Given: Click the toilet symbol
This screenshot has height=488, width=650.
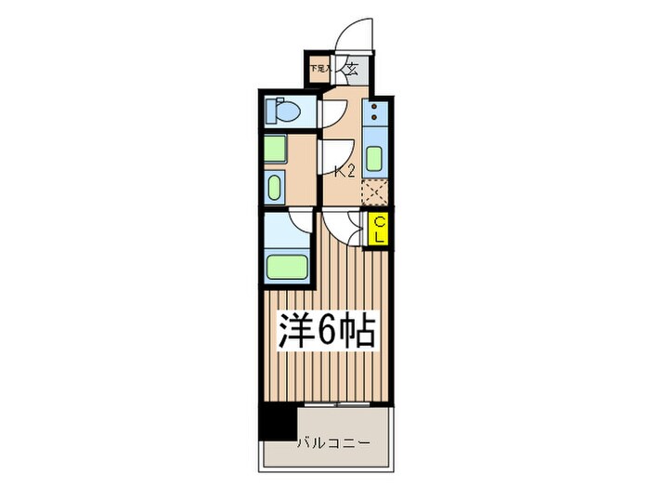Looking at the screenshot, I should (x=283, y=112).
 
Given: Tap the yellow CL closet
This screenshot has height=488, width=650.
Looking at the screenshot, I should (x=379, y=230).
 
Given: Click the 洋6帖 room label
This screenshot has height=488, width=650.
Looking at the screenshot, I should (x=327, y=331).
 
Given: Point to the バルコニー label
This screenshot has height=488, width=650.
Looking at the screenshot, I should (x=332, y=442).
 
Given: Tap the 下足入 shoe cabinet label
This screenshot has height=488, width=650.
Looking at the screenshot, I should (x=320, y=68).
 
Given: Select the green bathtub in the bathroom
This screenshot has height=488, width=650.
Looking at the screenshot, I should (x=289, y=265).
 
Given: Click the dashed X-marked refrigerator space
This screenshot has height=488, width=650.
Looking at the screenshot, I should (x=373, y=191).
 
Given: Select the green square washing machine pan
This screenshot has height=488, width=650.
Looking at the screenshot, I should (x=276, y=150).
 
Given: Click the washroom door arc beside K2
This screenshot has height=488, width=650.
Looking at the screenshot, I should (x=335, y=152).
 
